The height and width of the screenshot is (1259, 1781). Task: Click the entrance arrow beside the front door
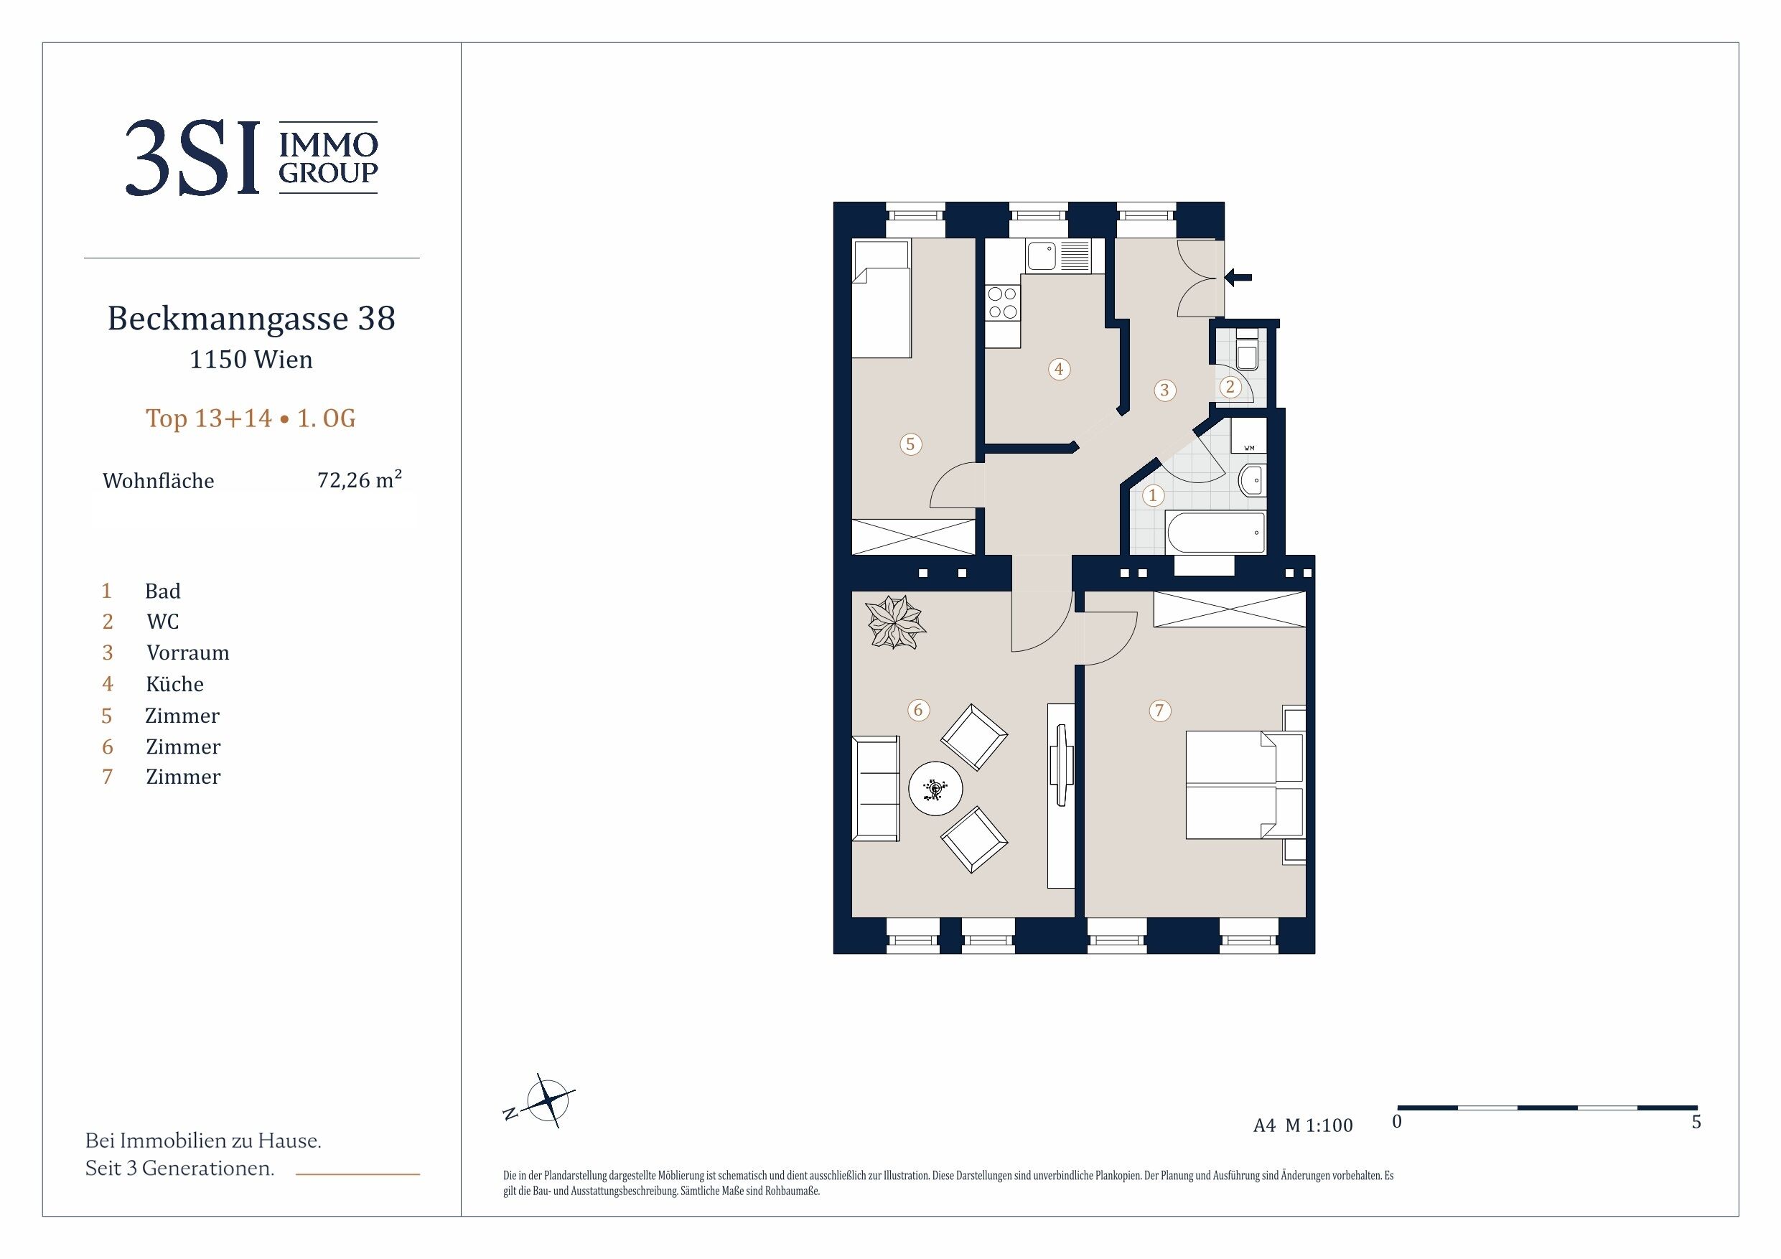pos(1238,277)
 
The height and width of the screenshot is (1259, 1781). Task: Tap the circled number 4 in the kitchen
pos(1059,368)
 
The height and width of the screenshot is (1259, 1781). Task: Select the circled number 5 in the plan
pos(911,444)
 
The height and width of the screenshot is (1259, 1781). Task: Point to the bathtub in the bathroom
pos(1215,532)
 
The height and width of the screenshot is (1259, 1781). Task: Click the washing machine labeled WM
pos(1249,436)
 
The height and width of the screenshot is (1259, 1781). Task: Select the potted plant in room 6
pos(896,622)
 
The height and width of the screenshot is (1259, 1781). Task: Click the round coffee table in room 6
pos(935,789)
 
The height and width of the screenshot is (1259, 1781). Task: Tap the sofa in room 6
pos(876,788)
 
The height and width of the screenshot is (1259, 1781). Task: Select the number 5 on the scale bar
pos(1696,1122)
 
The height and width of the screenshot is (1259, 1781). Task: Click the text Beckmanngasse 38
pos(251,318)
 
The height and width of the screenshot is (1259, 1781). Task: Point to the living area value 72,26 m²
pos(359,479)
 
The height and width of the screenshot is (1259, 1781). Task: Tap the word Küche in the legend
pos(174,683)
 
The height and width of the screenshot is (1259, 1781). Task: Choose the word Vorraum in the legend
pos(187,652)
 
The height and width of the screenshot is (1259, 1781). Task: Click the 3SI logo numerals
pos(192,157)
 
